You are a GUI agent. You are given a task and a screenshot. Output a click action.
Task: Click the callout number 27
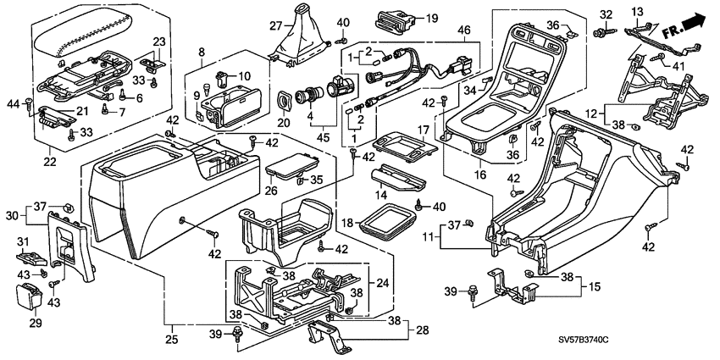click(x=276, y=25)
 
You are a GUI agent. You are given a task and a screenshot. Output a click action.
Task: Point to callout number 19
click(x=431, y=18)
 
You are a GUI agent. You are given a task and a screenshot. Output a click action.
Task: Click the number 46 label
click(x=463, y=30)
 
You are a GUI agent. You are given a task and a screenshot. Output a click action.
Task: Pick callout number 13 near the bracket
click(x=660, y=9)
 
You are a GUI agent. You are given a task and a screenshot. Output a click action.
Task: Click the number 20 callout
click(x=283, y=123)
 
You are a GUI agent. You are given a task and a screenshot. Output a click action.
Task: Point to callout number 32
click(x=605, y=14)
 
